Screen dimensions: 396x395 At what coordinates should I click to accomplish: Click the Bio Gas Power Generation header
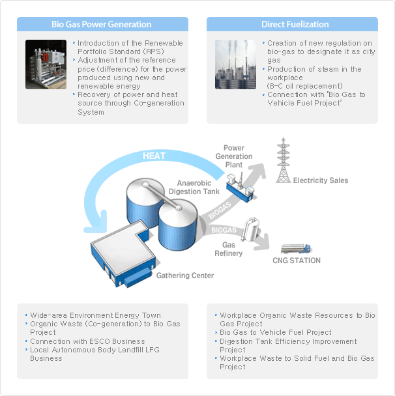(x=102, y=25)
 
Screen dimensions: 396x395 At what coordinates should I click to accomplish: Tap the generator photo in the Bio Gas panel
(x=46, y=64)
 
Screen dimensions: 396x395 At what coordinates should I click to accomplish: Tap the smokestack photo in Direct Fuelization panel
(x=235, y=64)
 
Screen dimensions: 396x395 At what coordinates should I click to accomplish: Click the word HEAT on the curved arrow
(x=154, y=156)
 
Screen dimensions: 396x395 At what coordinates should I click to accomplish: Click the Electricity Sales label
(x=320, y=180)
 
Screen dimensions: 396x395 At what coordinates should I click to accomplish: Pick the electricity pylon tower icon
(x=282, y=161)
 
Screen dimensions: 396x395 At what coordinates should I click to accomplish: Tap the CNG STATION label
(x=297, y=261)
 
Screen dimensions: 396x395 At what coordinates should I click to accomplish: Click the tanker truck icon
(x=295, y=248)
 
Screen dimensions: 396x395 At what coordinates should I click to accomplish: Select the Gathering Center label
(x=184, y=276)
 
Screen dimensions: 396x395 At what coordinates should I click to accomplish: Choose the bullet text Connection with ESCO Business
(x=87, y=341)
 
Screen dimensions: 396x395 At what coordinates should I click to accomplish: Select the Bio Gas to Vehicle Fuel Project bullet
(x=276, y=332)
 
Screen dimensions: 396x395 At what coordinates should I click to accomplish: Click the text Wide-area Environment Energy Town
(x=95, y=315)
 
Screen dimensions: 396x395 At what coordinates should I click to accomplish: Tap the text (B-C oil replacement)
(x=304, y=86)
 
